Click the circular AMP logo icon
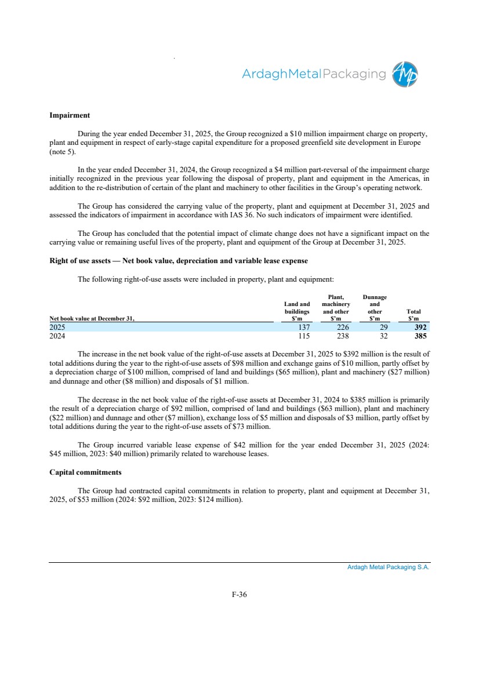click(x=405, y=75)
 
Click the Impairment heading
click(x=70, y=115)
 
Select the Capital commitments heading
click(x=85, y=472)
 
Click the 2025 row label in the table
click(x=57, y=327)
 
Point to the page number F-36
click(x=239, y=594)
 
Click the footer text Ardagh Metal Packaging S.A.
click(x=388, y=567)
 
